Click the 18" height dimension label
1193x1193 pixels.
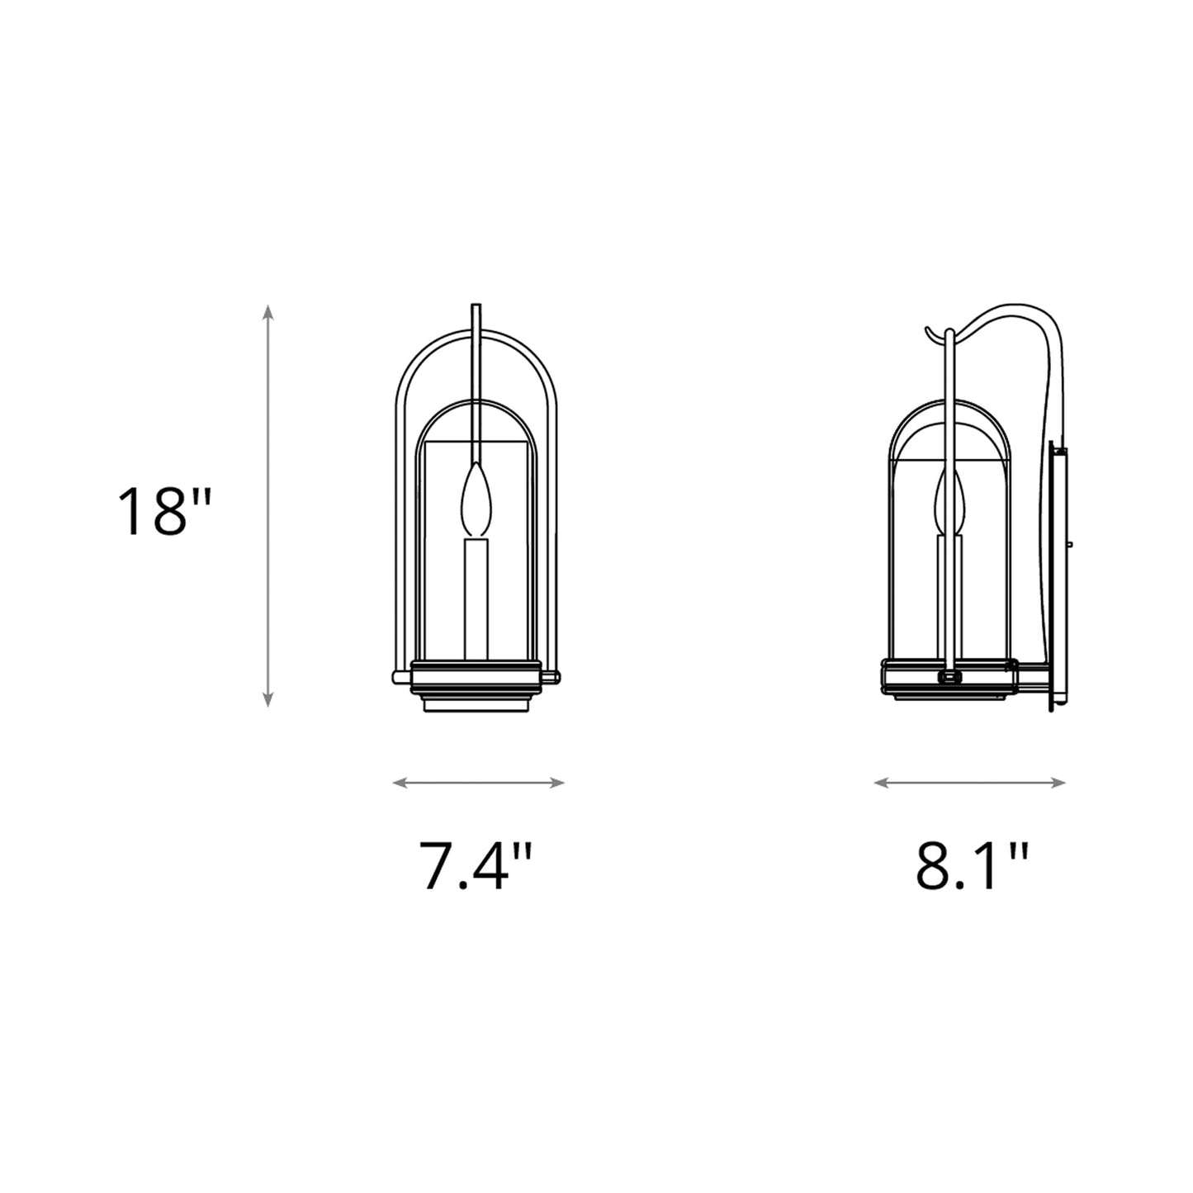165,512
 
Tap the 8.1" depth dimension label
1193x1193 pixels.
972,865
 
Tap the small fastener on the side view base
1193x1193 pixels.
949,677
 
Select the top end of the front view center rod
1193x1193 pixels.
475,307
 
